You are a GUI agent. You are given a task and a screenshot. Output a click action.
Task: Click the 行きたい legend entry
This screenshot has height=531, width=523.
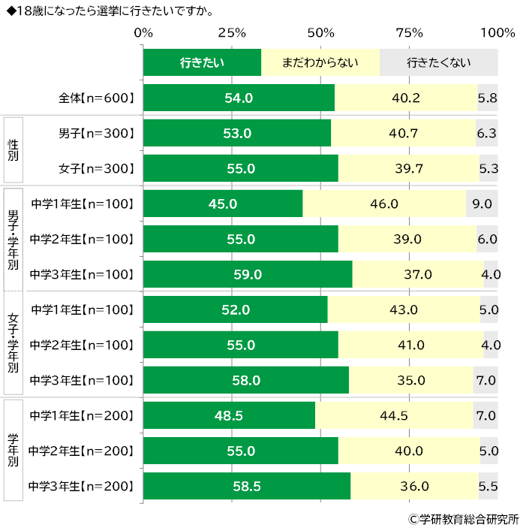[202, 62]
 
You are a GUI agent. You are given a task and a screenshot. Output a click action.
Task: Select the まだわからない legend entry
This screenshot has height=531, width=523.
[320, 62]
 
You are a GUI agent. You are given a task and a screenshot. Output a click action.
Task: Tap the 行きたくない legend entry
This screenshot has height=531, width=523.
[439, 62]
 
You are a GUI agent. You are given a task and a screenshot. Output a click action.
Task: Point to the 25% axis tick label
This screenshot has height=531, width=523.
[232, 33]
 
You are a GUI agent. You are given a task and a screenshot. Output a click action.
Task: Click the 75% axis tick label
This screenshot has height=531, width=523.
[409, 33]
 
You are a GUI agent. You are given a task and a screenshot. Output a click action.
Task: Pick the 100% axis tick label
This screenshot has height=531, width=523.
[497, 33]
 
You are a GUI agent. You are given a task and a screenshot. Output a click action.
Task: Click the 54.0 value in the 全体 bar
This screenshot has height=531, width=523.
[239, 98]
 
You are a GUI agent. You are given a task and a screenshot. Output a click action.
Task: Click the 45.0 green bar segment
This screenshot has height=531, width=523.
[223, 204]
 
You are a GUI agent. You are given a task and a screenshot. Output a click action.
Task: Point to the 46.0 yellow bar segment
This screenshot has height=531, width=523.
[384, 204]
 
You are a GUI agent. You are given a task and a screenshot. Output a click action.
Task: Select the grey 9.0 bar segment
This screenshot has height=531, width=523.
[482, 204]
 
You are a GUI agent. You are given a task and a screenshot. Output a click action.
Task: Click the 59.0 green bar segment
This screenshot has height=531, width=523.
[248, 274]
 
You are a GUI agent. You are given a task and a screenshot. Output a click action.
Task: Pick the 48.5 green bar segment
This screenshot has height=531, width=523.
[229, 415]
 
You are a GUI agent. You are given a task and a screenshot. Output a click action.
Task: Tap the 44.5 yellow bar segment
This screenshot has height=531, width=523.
[394, 415]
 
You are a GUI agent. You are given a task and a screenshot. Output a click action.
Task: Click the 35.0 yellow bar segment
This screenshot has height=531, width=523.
[410, 380]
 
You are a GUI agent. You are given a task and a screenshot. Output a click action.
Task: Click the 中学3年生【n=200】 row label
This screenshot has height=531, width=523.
[82, 486]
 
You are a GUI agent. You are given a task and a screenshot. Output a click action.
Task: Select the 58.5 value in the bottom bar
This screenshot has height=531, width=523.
[246, 486]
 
